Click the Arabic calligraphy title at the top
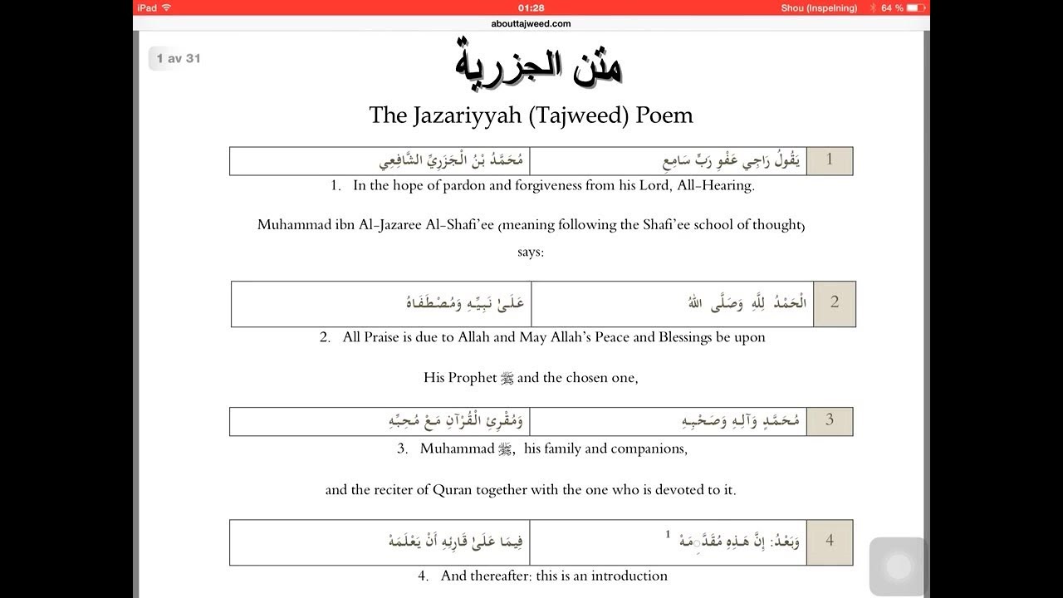tap(539, 63)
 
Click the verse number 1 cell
tap(829, 160)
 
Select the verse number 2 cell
tap(834, 302)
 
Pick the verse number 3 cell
tap(829, 420)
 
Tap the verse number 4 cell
tap(829, 541)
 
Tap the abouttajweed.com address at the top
tap(531, 23)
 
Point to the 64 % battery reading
tap(892, 7)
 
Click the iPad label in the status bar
tap(149, 7)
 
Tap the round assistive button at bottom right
tap(899, 566)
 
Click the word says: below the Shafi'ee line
tap(531, 252)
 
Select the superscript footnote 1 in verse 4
tap(667, 534)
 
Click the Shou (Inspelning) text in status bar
tap(819, 7)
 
